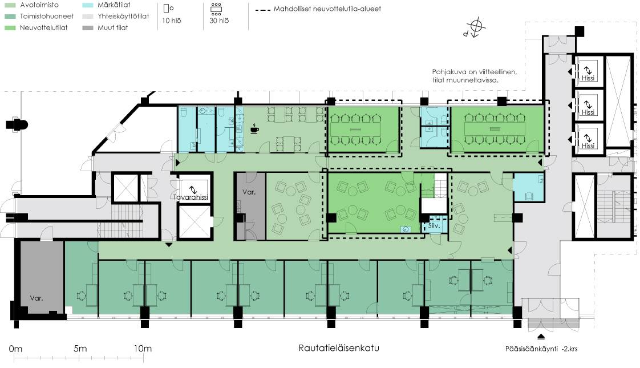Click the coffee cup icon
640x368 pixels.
[x=254, y=128]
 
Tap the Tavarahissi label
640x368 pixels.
[x=191, y=197]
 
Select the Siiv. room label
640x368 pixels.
[x=434, y=225]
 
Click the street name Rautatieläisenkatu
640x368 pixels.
[x=339, y=348]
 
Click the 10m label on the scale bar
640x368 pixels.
[x=143, y=349]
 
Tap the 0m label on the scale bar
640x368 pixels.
[x=15, y=349]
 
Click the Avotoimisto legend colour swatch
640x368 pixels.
[x=10, y=5]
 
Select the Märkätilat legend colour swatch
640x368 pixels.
[x=87, y=5]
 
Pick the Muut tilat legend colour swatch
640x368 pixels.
[x=87, y=28]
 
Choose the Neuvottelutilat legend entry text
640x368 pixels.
[x=44, y=28]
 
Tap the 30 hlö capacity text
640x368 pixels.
[x=219, y=21]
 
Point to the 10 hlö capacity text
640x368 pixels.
[x=172, y=21]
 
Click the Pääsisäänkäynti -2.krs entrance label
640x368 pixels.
[x=541, y=349]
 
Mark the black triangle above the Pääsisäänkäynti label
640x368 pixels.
[x=541, y=337]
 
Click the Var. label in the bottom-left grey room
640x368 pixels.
[x=37, y=298]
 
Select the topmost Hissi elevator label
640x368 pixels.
[x=588, y=78]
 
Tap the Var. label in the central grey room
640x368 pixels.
[x=249, y=192]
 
